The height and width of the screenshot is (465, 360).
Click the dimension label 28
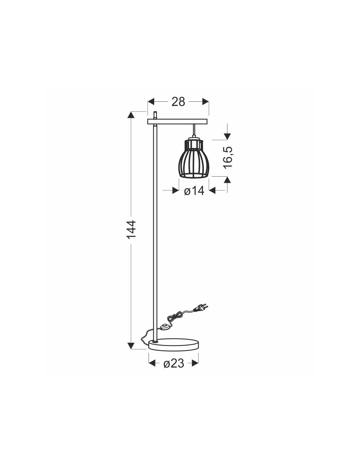coord(178,102)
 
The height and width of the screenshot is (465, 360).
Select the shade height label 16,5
coord(228,158)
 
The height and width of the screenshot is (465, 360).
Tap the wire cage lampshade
coord(193,158)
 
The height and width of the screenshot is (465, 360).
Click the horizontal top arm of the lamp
coord(177,121)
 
